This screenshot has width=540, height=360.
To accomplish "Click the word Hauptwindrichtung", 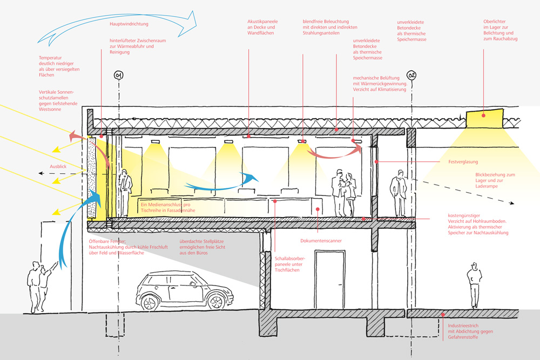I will click(x=129, y=24).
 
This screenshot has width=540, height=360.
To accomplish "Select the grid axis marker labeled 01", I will click(x=118, y=74).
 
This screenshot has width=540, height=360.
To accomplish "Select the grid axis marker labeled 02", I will click(x=413, y=74).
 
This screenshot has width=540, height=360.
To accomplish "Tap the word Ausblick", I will click(x=58, y=166).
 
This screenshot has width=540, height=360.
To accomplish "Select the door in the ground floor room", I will click(x=329, y=280).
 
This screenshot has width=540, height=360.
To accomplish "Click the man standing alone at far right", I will click(x=474, y=284).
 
